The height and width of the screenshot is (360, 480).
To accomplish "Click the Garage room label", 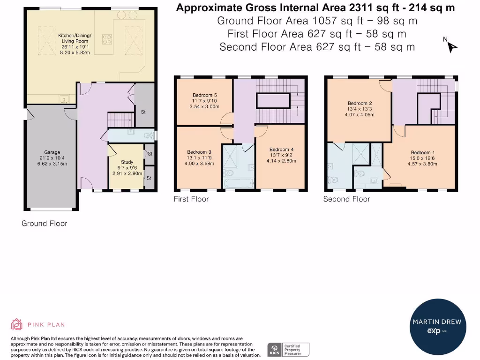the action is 52,152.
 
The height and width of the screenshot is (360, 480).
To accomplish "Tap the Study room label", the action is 127,162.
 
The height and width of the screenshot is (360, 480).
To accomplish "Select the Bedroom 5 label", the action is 204,95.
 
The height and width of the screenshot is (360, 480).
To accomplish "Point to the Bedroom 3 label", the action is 199,152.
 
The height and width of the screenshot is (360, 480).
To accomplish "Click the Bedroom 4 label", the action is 281,150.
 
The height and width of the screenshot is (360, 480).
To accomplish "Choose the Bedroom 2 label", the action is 360,104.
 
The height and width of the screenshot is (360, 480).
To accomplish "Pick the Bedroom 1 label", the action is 422,152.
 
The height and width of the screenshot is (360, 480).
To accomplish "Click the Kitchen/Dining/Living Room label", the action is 75,38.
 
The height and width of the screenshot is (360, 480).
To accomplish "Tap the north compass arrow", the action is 451,47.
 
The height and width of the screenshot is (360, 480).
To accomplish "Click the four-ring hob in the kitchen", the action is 107,39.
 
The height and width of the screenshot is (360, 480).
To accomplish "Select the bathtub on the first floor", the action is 239,183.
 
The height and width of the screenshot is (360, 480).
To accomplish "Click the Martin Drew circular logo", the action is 438,327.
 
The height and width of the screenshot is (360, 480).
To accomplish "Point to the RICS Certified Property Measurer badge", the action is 288,350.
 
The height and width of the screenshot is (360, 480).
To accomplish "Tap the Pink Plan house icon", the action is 16,324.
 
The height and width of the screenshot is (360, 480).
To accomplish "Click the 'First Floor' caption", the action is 191,199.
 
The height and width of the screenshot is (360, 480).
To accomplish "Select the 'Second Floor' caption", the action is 346,199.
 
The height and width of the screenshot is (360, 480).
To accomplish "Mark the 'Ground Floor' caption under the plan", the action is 45,224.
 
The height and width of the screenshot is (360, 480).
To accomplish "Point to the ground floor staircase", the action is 121,120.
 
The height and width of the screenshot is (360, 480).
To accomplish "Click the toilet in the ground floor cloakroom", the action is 149,135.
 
